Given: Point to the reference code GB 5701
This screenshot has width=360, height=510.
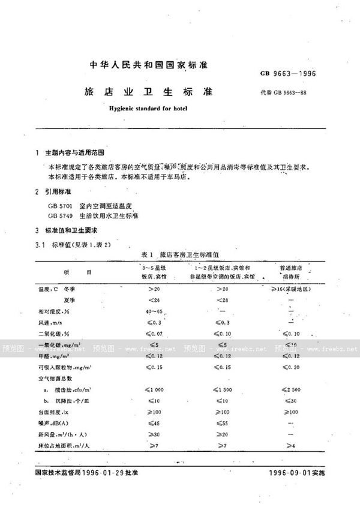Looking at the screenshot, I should [62, 206].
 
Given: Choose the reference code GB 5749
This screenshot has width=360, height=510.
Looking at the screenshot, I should [62, 216].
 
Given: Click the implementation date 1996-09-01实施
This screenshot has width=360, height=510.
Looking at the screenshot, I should [296, 474].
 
